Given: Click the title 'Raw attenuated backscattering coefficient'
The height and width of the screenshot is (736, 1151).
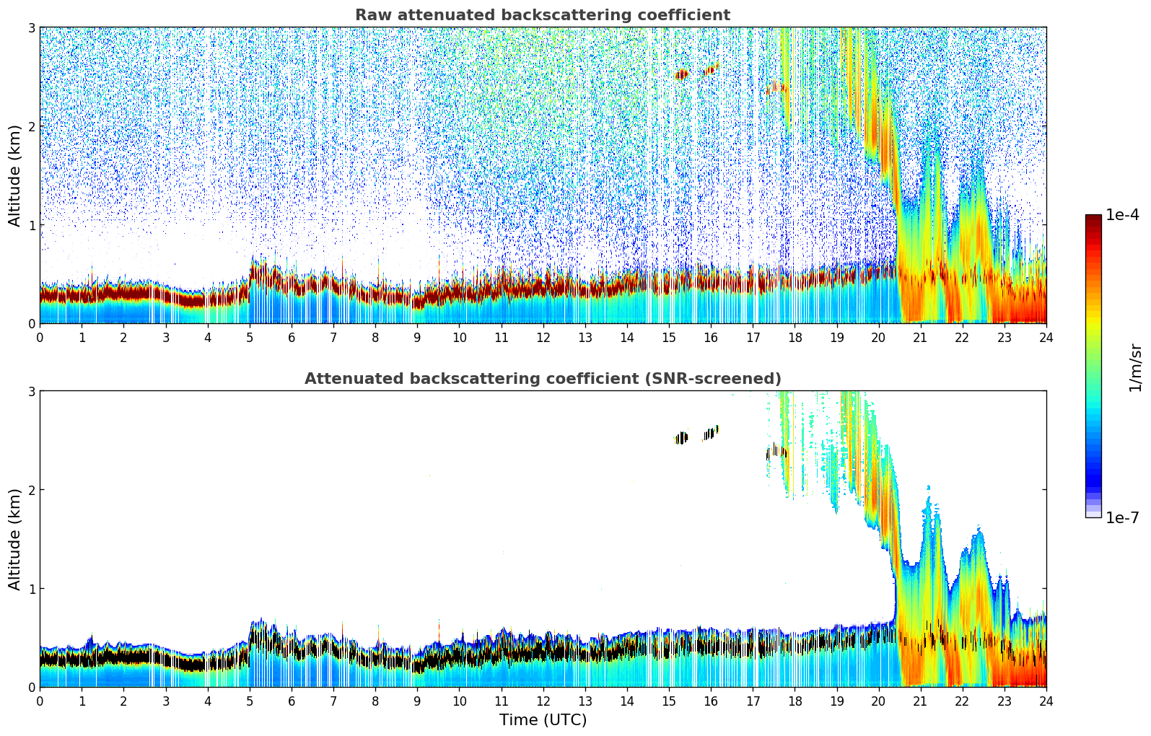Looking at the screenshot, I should point(542,15).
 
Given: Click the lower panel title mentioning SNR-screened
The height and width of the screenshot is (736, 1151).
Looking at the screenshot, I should point(542,379).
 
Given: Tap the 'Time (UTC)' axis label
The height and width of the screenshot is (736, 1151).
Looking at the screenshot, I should point(543,720).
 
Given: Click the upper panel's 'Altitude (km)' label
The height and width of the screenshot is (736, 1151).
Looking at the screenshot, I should point(14,175).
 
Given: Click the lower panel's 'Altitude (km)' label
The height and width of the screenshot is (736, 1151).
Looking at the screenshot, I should point(14,539).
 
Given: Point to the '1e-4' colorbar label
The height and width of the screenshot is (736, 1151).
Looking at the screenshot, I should point(1122,215).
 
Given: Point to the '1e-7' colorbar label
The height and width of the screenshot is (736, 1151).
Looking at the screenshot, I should point(1122,517).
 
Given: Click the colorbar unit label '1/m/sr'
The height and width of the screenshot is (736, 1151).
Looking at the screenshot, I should point(1135,368).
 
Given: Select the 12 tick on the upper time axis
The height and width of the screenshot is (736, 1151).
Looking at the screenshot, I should point(543,337).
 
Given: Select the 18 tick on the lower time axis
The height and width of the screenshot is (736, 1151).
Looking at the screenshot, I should point(795,701).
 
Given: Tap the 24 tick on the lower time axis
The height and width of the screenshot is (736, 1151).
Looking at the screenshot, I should point(1046,701).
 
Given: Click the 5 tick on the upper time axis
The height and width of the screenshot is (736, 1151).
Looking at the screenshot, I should point(250,337).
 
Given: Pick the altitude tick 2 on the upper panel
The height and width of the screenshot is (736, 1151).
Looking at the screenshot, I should point(32,126).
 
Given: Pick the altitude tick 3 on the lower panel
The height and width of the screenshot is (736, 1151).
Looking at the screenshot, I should point(32,391).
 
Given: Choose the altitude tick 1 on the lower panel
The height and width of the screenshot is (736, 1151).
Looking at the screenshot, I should point(32,589).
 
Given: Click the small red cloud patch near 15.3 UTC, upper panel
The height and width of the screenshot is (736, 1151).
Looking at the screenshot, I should point(682,74).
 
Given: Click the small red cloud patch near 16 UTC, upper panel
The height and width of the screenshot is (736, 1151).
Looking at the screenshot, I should point(711,70).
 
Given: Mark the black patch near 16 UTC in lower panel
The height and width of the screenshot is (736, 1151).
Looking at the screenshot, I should point(711,433).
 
